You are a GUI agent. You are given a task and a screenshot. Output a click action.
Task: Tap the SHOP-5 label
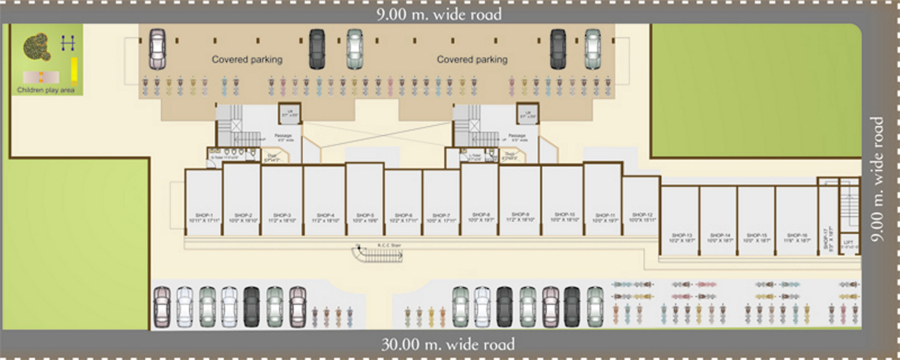click(365, 215)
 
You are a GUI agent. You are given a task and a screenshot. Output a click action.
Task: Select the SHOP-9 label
click(520, 214)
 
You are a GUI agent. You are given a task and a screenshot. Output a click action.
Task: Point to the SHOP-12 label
click(641, 214)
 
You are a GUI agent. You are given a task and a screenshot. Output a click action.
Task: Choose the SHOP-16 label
click(795, 235)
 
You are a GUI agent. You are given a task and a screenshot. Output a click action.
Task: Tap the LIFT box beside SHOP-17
click(849, 244)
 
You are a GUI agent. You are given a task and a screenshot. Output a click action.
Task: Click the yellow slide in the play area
click(74, 70)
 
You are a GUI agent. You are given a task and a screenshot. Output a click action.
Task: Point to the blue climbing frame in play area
click(68, 43)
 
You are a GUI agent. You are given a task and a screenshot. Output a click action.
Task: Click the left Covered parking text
click(247, 59)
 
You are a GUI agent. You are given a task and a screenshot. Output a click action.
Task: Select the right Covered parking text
click(472, 59)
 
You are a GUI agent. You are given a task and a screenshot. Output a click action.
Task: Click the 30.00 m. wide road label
click(448, 345)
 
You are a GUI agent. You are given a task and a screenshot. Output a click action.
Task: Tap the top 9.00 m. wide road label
click(439, 14)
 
